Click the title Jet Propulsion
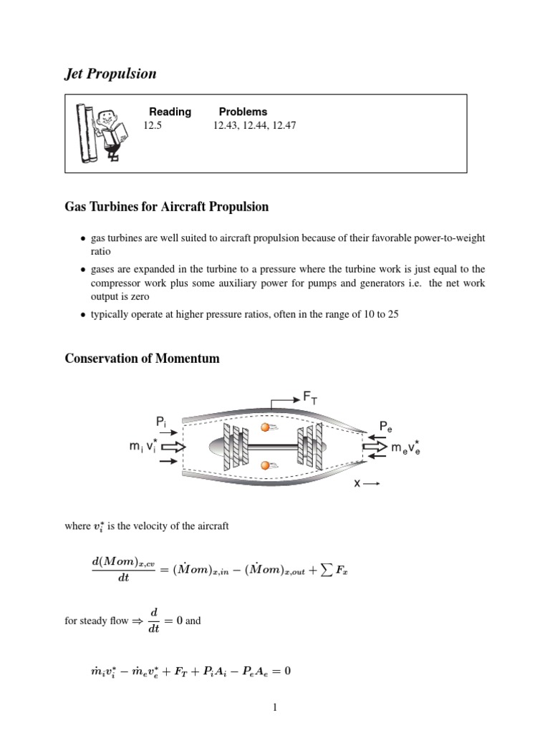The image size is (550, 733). pos(111,73)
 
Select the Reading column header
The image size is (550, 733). pos(170,112)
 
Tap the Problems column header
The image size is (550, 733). pos(243,112)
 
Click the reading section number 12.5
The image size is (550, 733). pos(153,125)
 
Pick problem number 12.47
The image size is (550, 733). pos(283,125)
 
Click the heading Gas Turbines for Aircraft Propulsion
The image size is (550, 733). pos(167,207)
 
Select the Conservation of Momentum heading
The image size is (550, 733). pos(143,359)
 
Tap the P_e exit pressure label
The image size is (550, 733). pos(386,427)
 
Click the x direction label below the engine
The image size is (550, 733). pos(356,483)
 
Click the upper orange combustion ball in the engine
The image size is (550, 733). pos(265,428)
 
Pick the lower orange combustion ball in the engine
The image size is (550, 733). pos(265,466)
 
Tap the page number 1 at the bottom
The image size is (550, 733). pos(275,709)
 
